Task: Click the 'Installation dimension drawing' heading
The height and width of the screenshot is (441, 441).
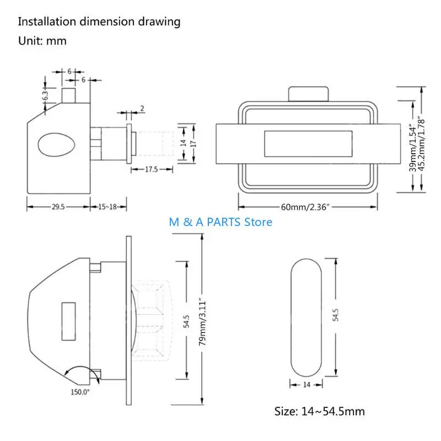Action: click(x=99, y=22)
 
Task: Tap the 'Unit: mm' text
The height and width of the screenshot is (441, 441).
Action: click(x=42, y=41)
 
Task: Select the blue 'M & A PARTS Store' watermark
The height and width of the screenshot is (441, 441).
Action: click(x=220, y=222)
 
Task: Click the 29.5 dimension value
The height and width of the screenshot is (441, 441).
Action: click(x=58, y=207)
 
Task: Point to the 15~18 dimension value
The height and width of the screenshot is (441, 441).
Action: click(x=107, y=207)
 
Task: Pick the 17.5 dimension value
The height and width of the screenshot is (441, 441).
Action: click(x=151, y=169)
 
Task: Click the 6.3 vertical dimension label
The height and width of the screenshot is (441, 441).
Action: click(x=45, y=95)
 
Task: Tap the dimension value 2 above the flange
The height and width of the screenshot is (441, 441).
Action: click(x=142, y=108)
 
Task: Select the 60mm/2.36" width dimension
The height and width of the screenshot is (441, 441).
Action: click(x=305, y=207)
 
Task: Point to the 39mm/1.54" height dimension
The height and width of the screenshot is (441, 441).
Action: click(x=412, y=148)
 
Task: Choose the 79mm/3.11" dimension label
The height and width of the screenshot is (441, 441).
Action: click(x=202, y=322)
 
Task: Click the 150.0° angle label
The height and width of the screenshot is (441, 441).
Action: click(x=80, y=392)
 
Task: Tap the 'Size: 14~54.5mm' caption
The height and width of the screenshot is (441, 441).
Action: click(x=320, y=411)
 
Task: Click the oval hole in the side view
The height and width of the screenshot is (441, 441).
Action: click(x=57, y=145)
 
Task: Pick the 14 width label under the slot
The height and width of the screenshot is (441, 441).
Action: click(x=306, y=384)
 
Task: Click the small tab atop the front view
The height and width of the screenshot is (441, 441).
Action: click(x=309, y=94)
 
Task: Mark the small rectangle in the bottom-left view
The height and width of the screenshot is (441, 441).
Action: click(x=68, y=321)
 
